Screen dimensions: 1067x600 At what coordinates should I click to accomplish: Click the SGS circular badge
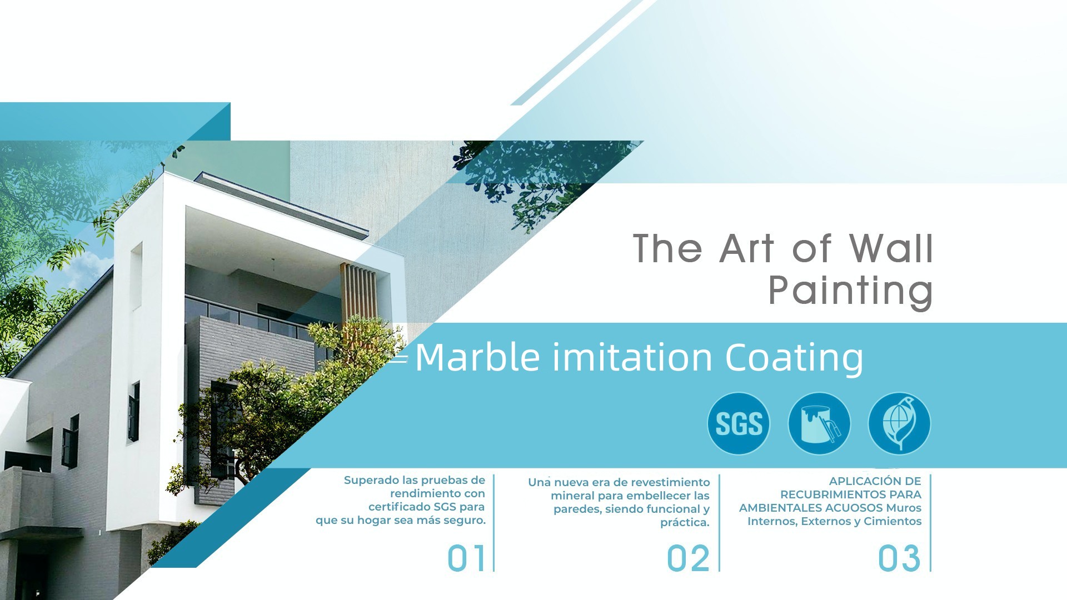coord(739,424)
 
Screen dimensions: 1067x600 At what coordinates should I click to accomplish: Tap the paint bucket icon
coord(819,424)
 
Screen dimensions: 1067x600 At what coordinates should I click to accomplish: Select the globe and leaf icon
coord(899,424)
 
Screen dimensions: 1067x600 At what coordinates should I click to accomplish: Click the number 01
coord(467,558)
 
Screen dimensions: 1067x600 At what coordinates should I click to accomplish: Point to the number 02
coord(688,558)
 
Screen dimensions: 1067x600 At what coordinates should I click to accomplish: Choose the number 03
coord(899,558)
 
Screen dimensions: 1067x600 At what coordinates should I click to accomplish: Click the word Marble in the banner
coord(477,357)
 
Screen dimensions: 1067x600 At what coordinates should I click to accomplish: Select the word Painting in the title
coord(850,290)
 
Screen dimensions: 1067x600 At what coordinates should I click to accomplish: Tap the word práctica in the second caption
coord(685,523)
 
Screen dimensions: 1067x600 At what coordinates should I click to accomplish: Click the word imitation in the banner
coord(632,357)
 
